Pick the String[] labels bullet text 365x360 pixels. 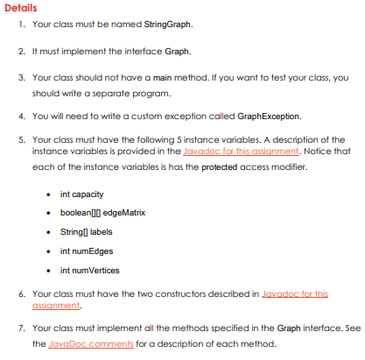click(x=88, y=233)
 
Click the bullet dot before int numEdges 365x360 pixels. click(x=51, y=252)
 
